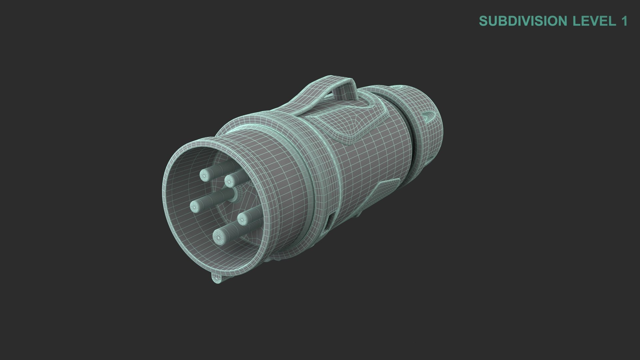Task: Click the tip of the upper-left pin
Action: pos(204,174)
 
